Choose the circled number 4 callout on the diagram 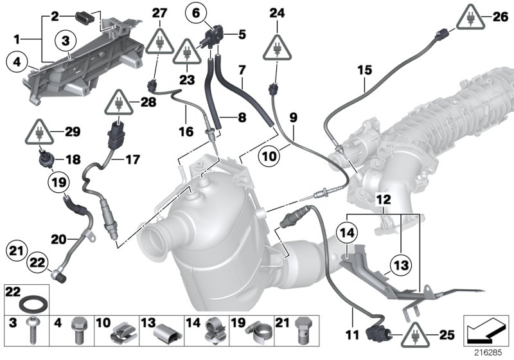15,62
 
